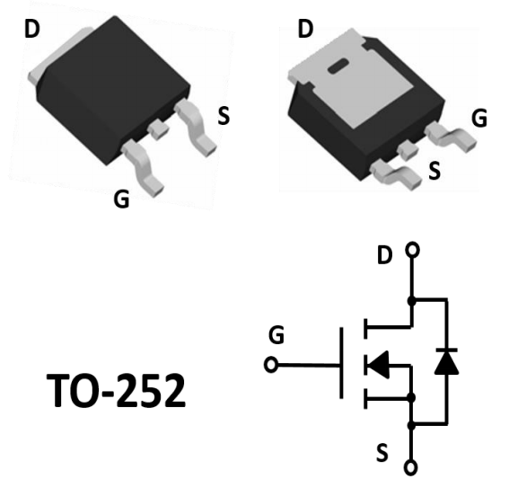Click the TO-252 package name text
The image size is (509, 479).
pos(116,390)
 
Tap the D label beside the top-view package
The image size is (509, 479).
pos(31,29)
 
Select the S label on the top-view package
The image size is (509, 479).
pos(224,116)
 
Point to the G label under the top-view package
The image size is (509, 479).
pos(121,199)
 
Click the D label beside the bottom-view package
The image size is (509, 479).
pos(305,29)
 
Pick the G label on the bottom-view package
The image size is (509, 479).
pos(479,118)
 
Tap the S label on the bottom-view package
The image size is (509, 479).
pos(434,171)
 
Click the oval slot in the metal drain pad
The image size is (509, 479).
pos(338,67)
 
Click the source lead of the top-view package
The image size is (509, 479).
pos(196,128)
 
